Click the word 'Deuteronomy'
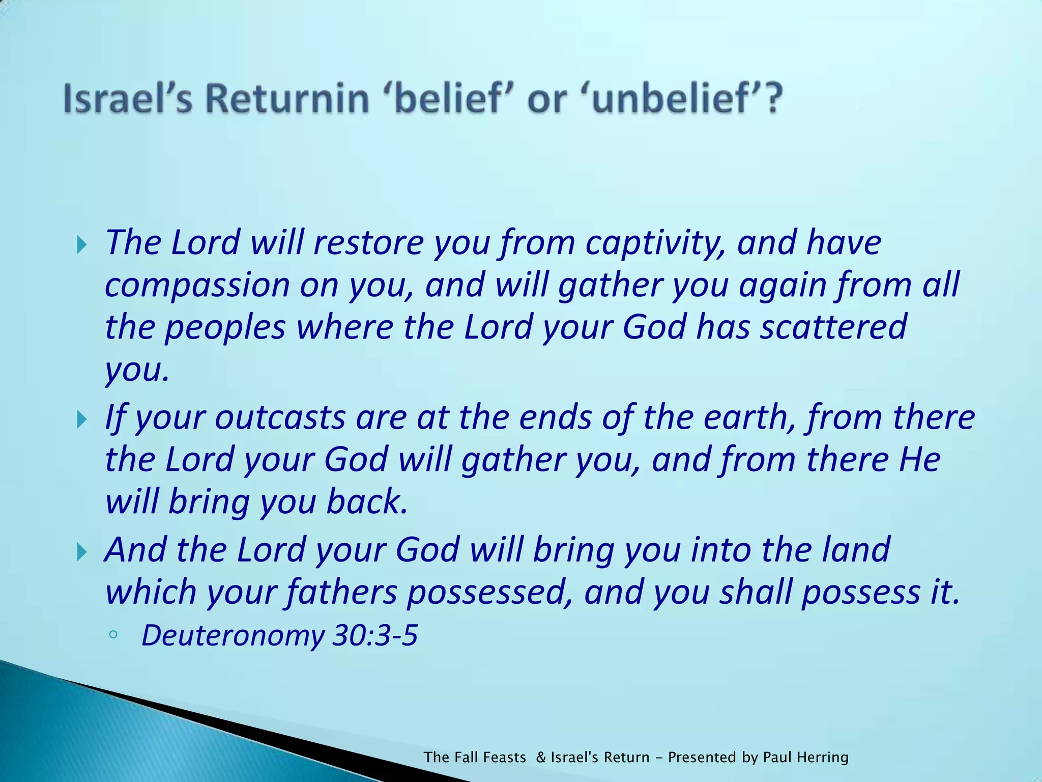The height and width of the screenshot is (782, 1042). [232, 636]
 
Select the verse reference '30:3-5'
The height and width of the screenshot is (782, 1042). [374, 635]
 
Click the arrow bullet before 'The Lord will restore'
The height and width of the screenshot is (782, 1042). [82, 246]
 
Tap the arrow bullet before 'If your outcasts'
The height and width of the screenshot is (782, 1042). [82, 421]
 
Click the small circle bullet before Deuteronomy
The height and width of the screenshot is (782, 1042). [113, 634]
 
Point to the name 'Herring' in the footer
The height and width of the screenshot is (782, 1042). [823, 758]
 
